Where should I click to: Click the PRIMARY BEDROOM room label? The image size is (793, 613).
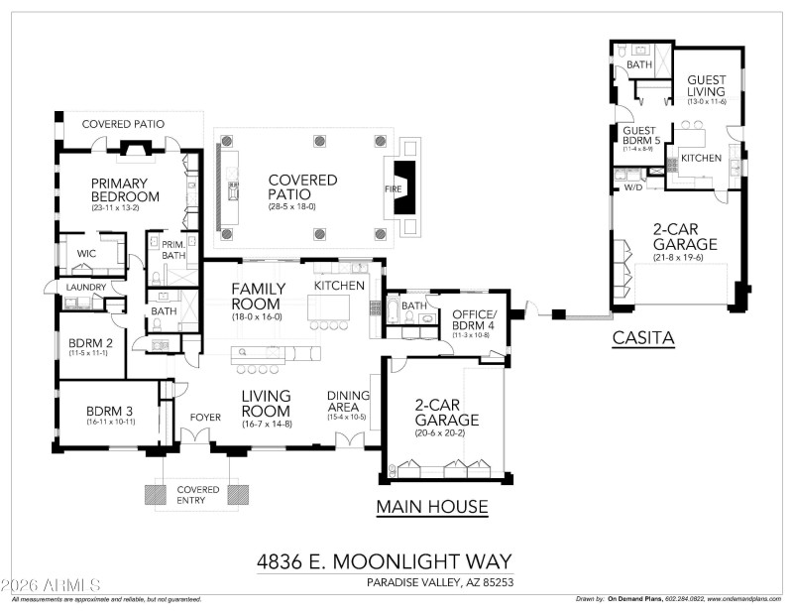point(119,190)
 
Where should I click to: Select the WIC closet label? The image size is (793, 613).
point(86,254)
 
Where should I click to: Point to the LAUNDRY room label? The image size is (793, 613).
point(86,287)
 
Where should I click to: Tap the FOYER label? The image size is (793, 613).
point(205,418)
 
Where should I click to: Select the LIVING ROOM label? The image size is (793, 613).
point(266,404)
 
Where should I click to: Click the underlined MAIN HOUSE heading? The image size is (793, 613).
point(432,508)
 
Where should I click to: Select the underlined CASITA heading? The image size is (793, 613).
point(642,338)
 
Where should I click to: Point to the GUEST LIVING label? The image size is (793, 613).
point(707,87)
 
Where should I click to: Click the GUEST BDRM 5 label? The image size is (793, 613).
point(640,136)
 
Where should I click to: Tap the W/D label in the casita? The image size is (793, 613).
point(631,186)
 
